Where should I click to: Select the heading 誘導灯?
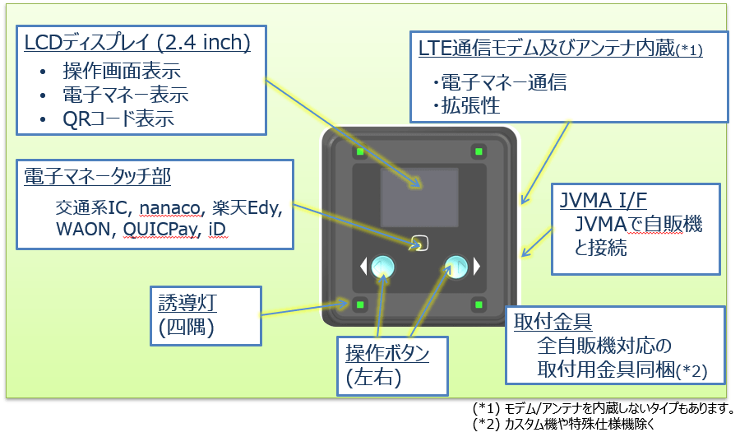(x=189, y=302)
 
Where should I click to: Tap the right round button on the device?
(x=456, y=266)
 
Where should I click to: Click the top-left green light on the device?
(x=360, y=151)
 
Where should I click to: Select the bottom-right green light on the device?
(x=478, y=305)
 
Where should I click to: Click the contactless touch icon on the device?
(x=419, y=244)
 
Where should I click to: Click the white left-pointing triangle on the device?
(x=363, y=266)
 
